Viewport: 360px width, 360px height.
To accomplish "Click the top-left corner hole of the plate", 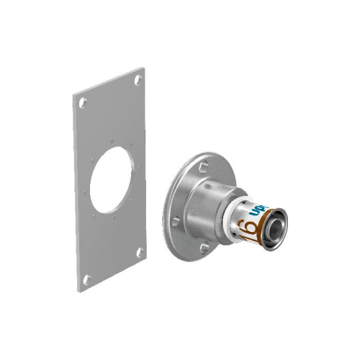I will (x=84, y=102).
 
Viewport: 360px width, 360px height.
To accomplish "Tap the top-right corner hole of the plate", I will (x=138, y=78).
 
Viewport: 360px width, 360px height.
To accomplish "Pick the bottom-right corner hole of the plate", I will (x=139, y=252).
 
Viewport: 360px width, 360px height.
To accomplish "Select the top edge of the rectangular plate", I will (x=108, y=81).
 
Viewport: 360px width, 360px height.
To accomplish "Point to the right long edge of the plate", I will (x=148, y=166).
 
